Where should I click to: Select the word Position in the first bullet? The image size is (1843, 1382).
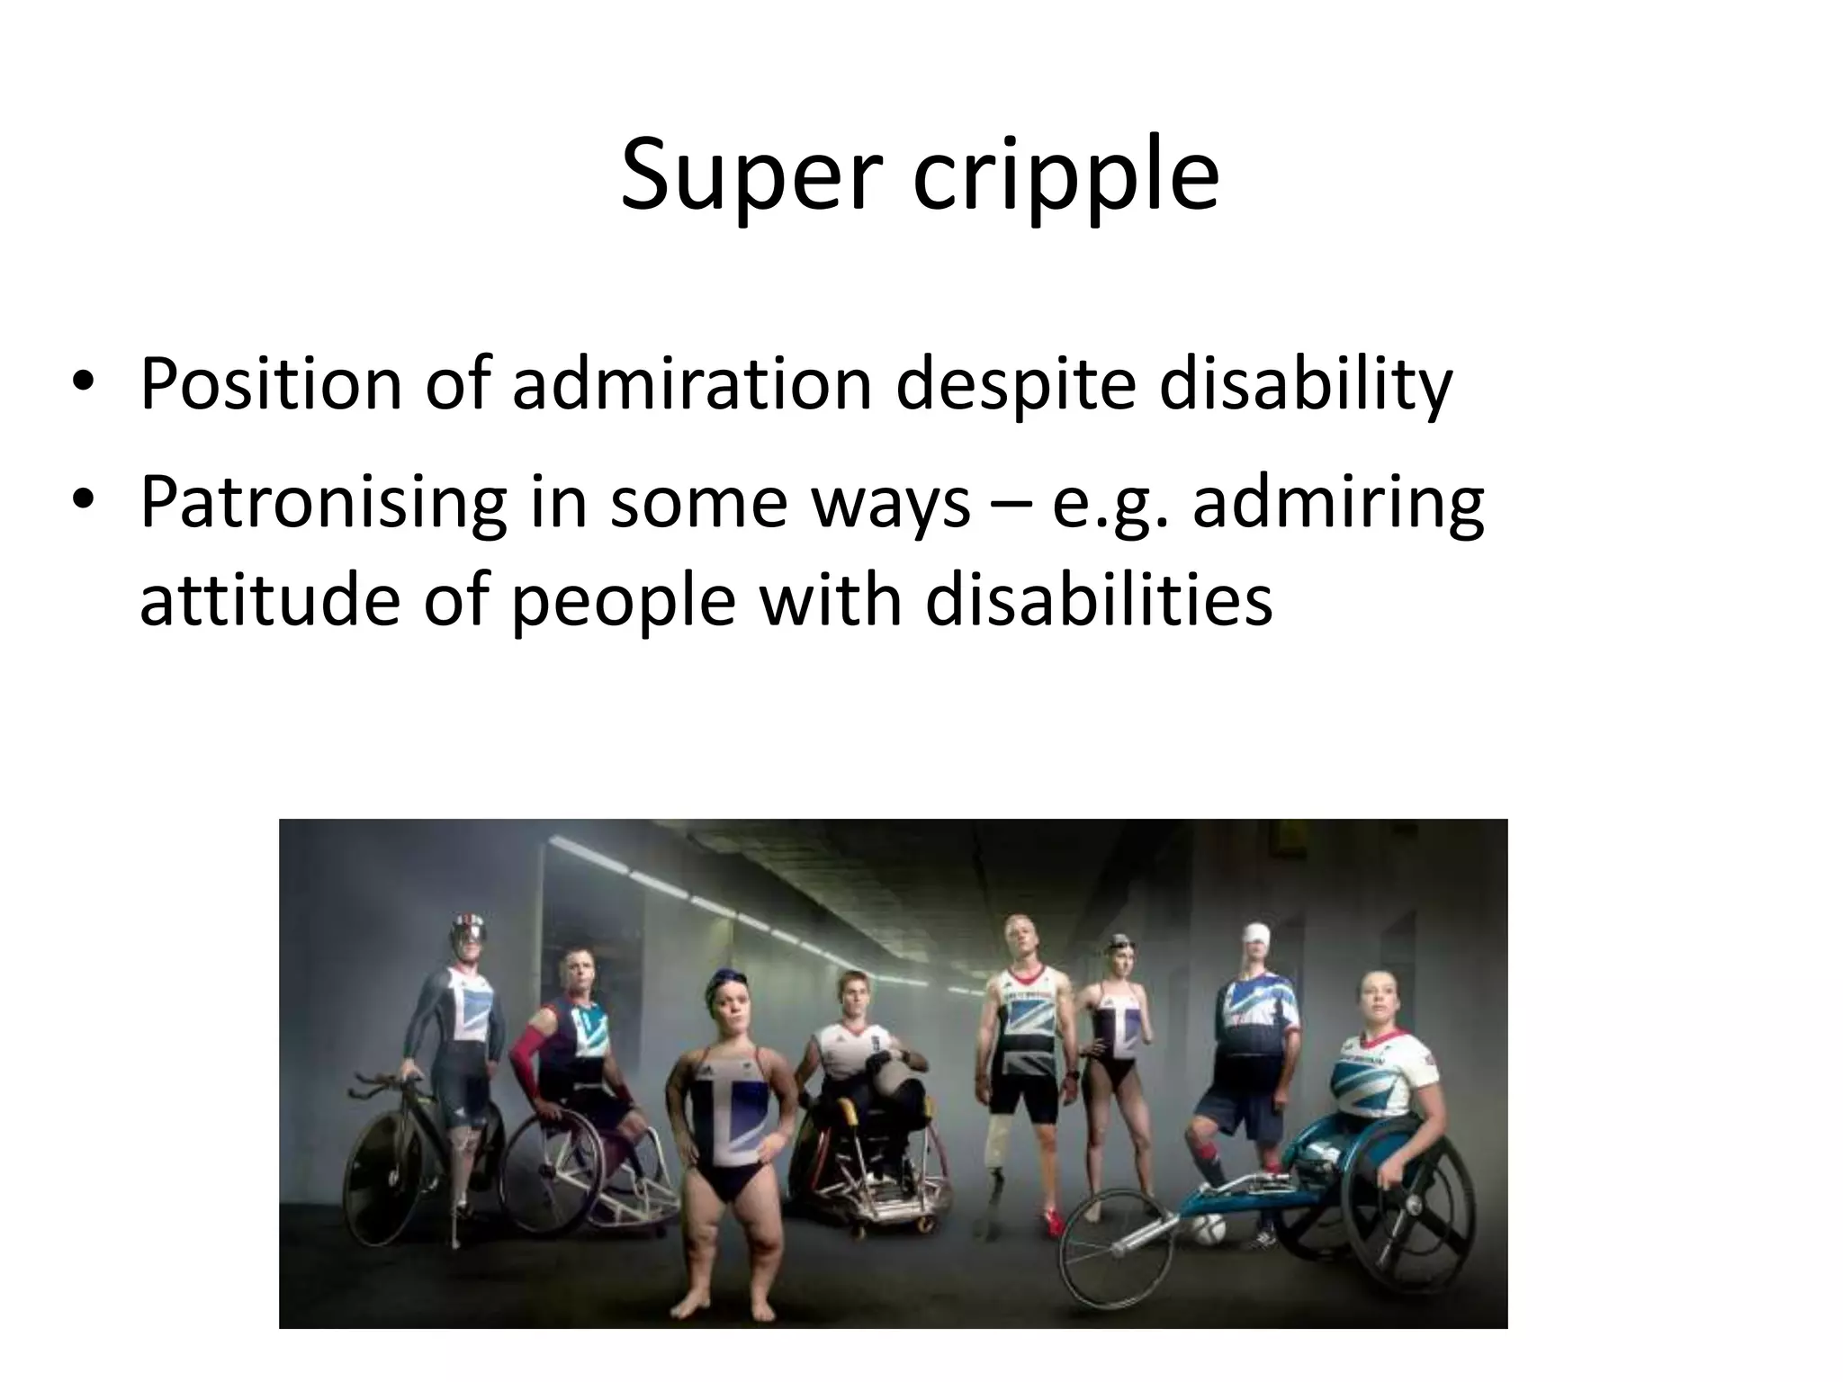[271, 385]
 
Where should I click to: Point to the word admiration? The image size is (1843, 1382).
[692, 385]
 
